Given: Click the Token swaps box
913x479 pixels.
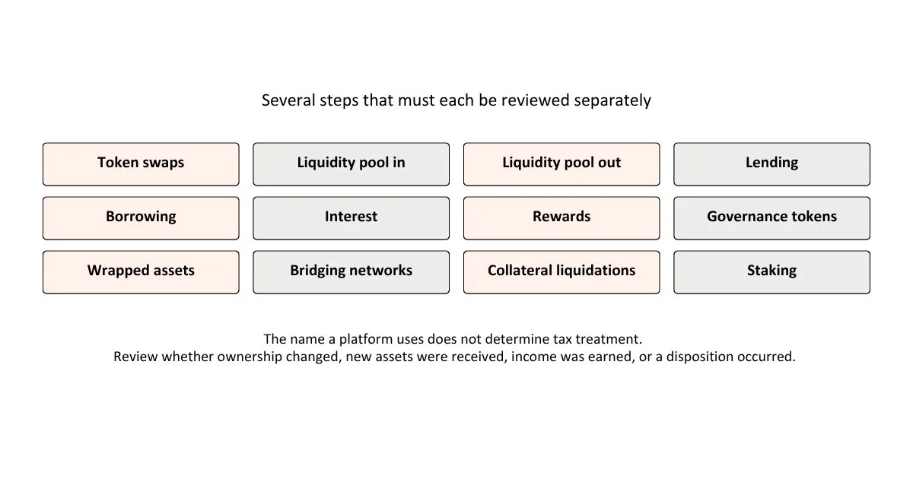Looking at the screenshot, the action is pos(141,164).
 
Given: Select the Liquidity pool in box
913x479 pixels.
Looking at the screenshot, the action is pos(352,164).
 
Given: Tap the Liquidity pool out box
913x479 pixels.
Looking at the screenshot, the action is pos(561,164).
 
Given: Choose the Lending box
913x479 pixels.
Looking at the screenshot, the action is pos(772,164).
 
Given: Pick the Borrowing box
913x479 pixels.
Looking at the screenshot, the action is pos(141,218).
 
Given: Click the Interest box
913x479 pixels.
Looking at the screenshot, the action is pos(352,218).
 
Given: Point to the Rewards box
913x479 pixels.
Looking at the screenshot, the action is pos(561,218).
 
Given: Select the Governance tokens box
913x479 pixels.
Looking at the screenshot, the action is pos(772,218).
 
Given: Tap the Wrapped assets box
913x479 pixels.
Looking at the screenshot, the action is pos(141,272).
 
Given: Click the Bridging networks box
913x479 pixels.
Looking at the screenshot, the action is pos(352,272).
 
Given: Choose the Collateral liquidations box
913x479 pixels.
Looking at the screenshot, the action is pos(561,272).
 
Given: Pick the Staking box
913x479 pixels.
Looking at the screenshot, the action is pos(772,272).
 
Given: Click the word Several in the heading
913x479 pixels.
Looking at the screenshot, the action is pos(288,100).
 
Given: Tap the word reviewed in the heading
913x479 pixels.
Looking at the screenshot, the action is pos(535,100).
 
